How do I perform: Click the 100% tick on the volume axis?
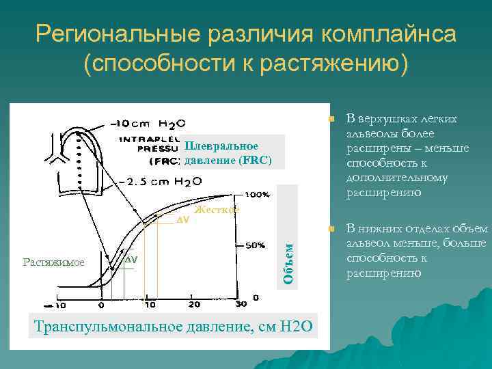coord(256,194)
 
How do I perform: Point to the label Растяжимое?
coord(53,262)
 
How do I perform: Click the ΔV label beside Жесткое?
coord(182,220)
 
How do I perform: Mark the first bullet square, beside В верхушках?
coord(331,120)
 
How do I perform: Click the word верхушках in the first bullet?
coord(393,119)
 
